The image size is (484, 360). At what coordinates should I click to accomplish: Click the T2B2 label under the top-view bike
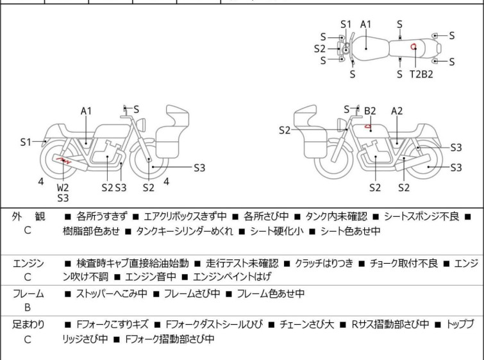[x=421, y=74]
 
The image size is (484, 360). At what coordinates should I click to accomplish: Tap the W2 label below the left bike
[x=63, y=187]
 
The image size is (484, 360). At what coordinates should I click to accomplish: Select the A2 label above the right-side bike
[x=397, y=110]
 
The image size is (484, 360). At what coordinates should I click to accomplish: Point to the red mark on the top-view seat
[x=415, y=46]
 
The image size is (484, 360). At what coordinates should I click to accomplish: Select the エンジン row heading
[x=28, y=262]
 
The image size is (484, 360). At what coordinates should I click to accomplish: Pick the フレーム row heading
[x=28, y=294]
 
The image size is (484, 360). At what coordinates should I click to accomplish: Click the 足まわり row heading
[x=28, y=325]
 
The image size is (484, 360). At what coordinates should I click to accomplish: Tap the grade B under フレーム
[x=28, y=308]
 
